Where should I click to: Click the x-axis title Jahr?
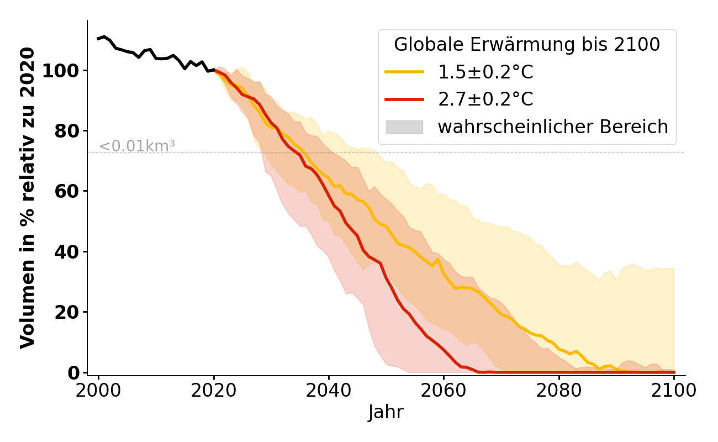pyautogui.click(x=386, y=413)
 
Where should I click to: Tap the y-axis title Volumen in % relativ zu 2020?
pyautogui.click(x=28, y=197)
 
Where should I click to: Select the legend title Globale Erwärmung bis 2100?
pyautogui.click(x=527, y=45)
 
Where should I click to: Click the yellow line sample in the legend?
pyautogui.click(x=404, y=72)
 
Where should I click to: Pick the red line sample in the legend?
pyautogui.click(x=404, y=99)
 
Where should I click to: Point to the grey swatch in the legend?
pyautogui.click(x=404, y=127)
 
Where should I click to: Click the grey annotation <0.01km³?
pyautogui.click(x=137, y=146)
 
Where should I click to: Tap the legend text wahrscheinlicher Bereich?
pyautogui.click(x=553, y=127)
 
